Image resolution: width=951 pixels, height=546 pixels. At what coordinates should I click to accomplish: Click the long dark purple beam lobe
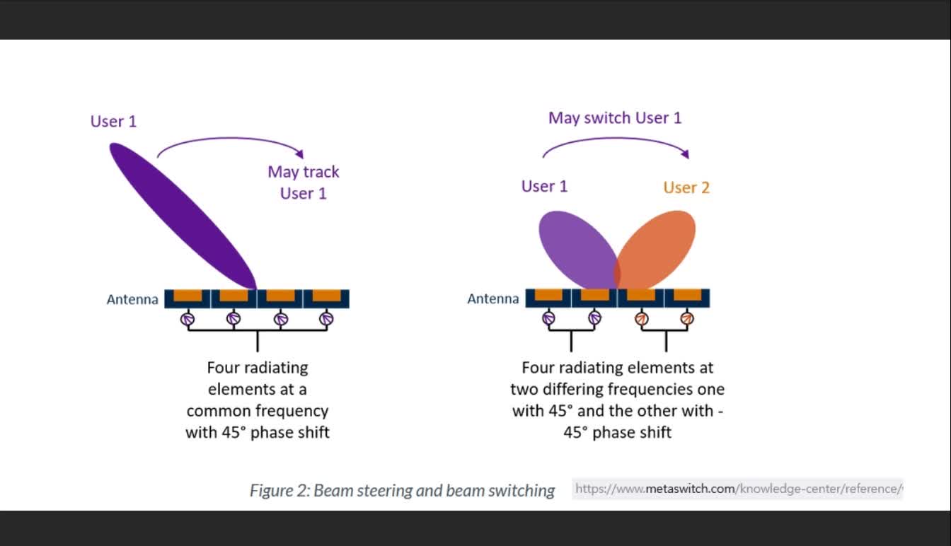tap(183, 215)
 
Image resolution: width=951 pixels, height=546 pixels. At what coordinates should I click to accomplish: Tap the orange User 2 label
tap(686, 187)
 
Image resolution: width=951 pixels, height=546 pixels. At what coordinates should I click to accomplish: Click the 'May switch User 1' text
tap(615, 118)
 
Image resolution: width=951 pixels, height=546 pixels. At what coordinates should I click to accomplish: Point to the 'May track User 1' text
tap(304, 182)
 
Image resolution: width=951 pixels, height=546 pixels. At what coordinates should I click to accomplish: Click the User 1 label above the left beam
tap(113, 122)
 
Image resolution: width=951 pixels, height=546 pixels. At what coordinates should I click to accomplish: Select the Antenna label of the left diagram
tap(132, 299)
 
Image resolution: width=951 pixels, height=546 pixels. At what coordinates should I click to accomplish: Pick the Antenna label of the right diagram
tap(493, 299)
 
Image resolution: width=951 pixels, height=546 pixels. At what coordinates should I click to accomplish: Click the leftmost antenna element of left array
tap(188, 298)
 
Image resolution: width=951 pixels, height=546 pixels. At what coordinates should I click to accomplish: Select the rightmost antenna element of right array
tap(686, 298)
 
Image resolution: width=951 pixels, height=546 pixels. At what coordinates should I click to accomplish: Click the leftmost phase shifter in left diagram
tap(188, 320)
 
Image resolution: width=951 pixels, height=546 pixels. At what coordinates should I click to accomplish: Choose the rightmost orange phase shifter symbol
tap(686, 320)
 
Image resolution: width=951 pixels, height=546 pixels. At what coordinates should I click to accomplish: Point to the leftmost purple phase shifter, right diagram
tap(548, 320)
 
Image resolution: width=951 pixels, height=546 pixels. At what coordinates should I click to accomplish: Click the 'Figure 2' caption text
tap(402, 490)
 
